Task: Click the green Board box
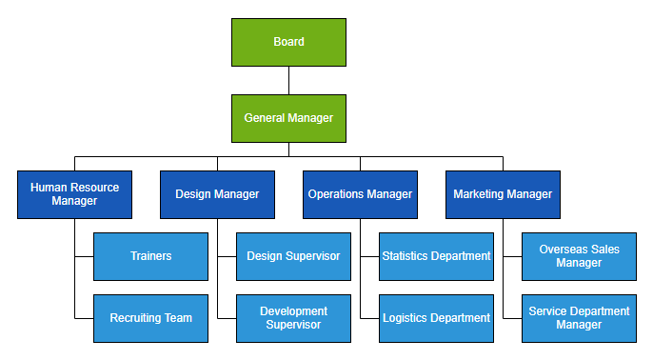coord(288,42)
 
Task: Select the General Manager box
coord(288,118)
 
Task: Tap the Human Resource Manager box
coord(74,194)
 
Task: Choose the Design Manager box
coord(217,194)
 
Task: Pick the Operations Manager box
coord(360,194)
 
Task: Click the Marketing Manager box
coord(503,194)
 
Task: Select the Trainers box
coord(150,256)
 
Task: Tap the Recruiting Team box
coord(150,318)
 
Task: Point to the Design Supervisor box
coord(293,256)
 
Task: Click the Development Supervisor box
coord(293,318)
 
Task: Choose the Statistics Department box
coord(436,256)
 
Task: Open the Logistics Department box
coord(436,318)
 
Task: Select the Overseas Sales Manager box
coord(579,256)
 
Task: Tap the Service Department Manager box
coord(579,318)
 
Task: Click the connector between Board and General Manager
coord(288,80)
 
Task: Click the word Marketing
coord(479,194)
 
